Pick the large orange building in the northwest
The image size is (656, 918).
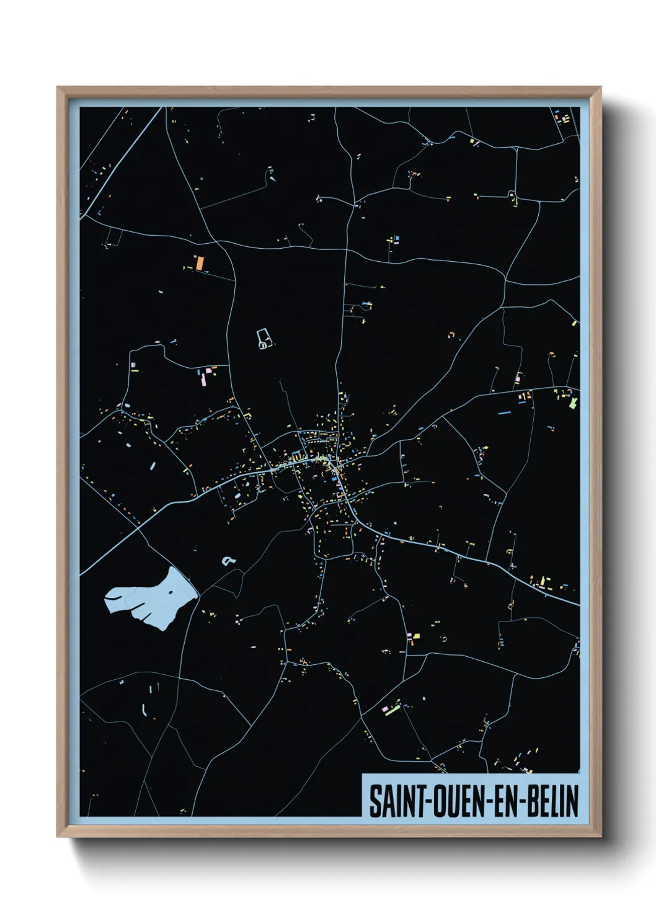[x=200, y=262]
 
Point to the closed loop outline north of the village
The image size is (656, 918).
[x=264, y=339]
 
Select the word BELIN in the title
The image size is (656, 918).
[x=553, y=801]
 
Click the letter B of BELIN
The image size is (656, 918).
[x=533, y=801]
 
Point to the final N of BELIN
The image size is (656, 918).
[x=573, y=801]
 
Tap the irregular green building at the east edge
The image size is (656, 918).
[x=573, y=403]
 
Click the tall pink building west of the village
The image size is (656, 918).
[x=201, y=378]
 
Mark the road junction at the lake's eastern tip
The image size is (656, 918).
[x=198, y=597]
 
